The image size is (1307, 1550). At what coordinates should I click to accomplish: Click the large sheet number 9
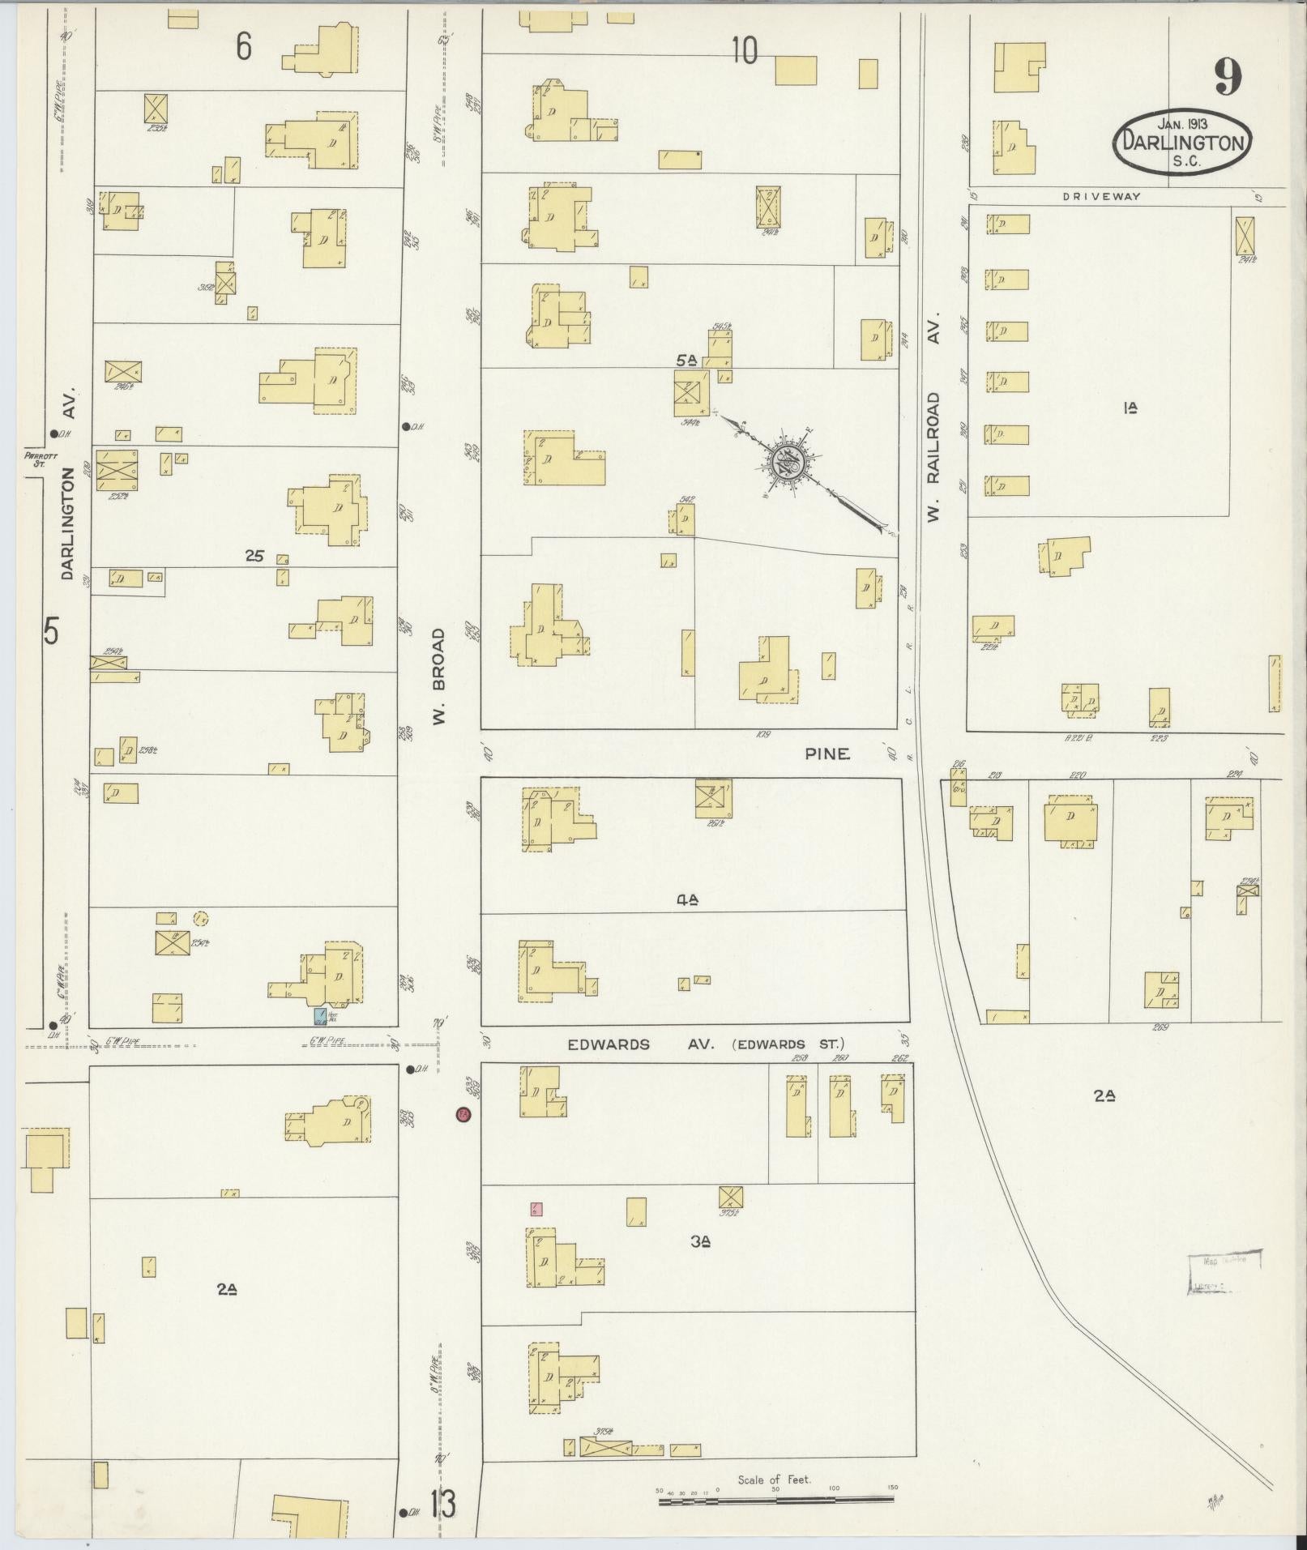(1228, 78)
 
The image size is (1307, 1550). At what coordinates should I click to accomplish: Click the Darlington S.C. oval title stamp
(1182, 143)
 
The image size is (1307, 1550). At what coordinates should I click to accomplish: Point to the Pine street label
(827, 754)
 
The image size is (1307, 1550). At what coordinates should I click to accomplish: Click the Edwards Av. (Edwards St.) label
(705, 1044)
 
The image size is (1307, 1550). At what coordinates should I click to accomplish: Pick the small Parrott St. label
(33, 459)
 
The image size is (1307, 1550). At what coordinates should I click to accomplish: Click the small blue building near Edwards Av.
(322, 1014)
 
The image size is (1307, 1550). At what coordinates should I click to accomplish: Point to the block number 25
(255, 556)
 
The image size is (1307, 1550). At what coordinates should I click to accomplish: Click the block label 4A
(687, 898)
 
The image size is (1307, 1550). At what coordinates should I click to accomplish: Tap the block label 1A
(1131, 408)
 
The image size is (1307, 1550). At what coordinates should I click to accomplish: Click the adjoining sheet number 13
(442, 1505)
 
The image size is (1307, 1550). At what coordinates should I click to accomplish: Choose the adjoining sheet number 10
(744, 51)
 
